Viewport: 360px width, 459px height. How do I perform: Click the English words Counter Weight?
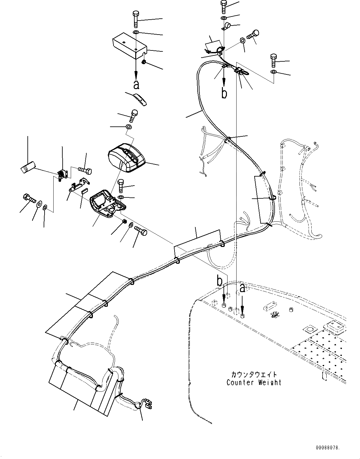click(x=254, y=382)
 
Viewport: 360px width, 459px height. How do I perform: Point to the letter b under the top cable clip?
click(x=224, y=93)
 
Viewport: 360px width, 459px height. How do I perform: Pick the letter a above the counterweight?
click(x=242, y=288)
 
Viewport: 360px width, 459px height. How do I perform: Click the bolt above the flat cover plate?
click(x=136, y=19)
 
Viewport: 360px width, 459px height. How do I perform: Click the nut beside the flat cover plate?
click(x=144, y=62)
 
